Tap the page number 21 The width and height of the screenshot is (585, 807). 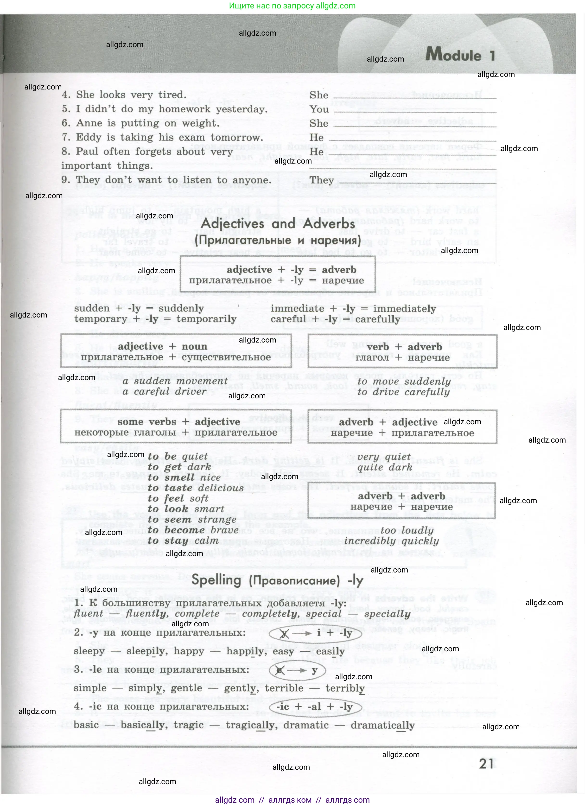(x=486, y=764)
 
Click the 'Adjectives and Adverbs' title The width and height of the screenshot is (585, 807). (x=278, y=223)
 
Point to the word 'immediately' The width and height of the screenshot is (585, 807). (x=404, y=309)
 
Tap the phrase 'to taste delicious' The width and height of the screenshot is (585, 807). (x=196, y=488)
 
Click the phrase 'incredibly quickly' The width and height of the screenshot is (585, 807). (x=391, y=541)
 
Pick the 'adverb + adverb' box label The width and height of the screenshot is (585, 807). (x=401, y=496)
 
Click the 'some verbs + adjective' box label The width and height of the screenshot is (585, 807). (x=179, y=422)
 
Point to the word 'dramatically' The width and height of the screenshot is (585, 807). (x=382, y=725)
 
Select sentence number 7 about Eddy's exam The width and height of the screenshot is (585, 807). (x=162, y=137)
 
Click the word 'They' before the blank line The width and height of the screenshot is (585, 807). (x=322, y=180)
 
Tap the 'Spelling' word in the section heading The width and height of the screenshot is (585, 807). (x=216, y=580)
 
